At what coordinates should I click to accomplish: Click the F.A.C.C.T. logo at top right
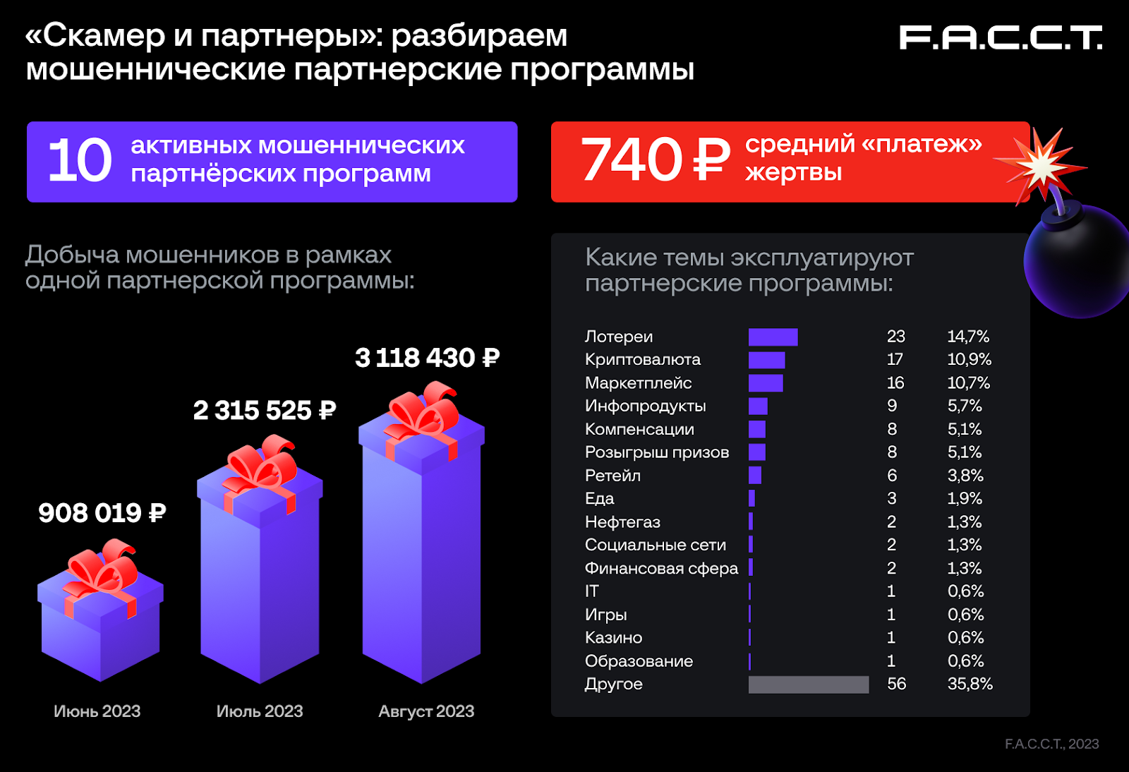[x=1000, y=38]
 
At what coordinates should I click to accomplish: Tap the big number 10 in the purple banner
[x=80, y=161]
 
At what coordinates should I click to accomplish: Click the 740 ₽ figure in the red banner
[x=654, y=159]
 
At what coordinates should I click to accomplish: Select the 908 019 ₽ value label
[x=102, y=513]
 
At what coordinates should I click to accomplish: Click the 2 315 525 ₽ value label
[x=265, y=410]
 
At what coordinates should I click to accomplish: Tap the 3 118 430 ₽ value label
[x=427, y=358]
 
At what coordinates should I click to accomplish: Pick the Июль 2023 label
[x=260, y=711]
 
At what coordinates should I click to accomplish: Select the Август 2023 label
[x=426, y=711]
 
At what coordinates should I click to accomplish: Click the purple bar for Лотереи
[x=773, y=337]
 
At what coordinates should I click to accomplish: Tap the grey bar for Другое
[x=809, y=684]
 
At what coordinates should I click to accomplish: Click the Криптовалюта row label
[x=642, y=360]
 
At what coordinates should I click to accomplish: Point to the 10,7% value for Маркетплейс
[x=968, y=383]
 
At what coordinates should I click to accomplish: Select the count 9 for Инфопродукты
[x=892, y=406]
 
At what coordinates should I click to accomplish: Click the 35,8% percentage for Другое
[x=970, y=684]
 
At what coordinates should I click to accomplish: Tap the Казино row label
[x=613, y=638]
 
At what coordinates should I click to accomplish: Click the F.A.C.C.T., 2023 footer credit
[x=1051, y=744]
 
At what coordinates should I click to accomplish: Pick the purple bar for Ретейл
[x=755, y=476]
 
